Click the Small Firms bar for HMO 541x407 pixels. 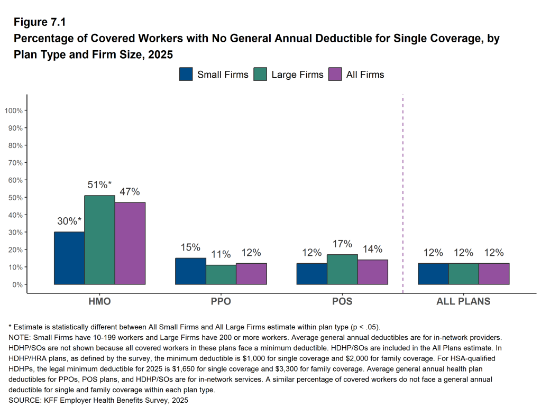[x=69, y=258]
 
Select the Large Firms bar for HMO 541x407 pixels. [x=99, y=240]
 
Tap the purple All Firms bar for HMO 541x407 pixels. [x=130, y=243]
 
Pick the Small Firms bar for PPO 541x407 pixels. [x=190, y=271]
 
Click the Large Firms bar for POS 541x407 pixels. [x=342, y=270]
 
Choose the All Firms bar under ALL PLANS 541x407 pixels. [x=494, y=274]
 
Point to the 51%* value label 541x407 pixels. [x=99, y=184]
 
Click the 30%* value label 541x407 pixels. [x=69, y=221]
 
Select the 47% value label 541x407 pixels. [x=130, y=191]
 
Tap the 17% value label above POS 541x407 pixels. [x=342, y=244]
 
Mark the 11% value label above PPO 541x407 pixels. [x=221, y=254]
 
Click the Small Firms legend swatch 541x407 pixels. [x=186, y=75]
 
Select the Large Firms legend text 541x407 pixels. [x=297, y=75]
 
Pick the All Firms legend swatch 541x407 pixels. [x=335, y=75]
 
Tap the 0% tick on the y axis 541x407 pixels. [x=17, y=284]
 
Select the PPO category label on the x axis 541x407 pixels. [x=221, y=302]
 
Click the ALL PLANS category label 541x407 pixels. [x=463, y=302]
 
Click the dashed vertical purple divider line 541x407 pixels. [x=403, y=190]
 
